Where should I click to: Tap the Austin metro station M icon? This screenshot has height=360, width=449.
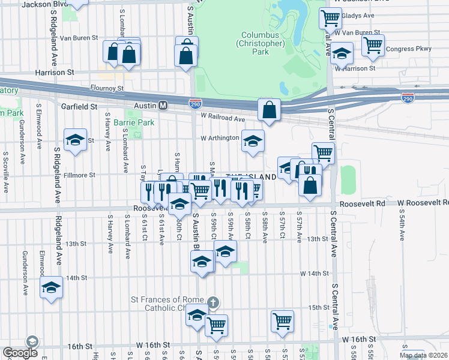(x=163, y=106)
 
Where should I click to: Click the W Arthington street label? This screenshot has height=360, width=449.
(x=220, y=138)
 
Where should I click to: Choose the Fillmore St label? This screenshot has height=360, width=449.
(x=80, y=175)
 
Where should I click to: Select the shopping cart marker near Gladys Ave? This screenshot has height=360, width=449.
(x=330, y=19)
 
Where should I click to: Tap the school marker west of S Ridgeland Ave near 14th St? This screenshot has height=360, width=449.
(x=52, y=288)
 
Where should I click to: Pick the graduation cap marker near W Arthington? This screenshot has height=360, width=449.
(x=253, y=141)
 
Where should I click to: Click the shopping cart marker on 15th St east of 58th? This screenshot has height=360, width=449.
(x=282, y=321)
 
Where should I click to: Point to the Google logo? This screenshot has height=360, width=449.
(x=20, y=353)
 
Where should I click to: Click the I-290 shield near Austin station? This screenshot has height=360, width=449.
(x=194, y=103)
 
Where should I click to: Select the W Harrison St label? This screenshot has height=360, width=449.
(x=355, y=68)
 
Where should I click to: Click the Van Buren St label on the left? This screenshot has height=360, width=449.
(x=78, y=38)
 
